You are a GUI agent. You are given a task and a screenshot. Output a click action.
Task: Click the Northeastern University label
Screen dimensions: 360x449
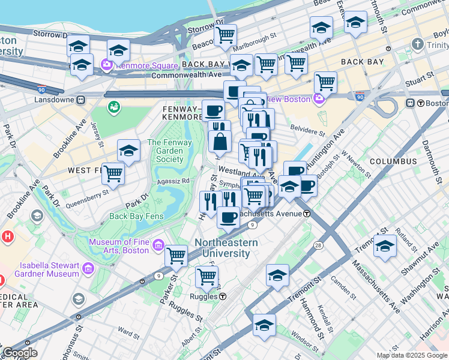[x=226, y=248]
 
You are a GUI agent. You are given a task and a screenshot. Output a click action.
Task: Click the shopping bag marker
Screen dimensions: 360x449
[x=220, y=142]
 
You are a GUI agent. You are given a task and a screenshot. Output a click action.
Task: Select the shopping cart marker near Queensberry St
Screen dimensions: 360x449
[x=113, y=174]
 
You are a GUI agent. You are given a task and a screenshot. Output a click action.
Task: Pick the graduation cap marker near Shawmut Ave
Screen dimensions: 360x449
[x=385, y=246]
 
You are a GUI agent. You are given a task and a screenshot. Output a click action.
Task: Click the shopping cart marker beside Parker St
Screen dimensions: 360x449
[x=176, y=256]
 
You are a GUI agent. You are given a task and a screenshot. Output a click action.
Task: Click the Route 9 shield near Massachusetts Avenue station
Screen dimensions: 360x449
[x=253, y=224]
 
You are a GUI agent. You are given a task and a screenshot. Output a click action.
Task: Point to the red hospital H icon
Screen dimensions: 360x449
[x=7, y=236]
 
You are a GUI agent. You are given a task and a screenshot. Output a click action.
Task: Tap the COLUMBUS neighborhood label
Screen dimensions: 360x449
[x=393, y=161]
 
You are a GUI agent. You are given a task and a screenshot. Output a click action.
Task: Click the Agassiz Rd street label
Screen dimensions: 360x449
[x=173, y=180]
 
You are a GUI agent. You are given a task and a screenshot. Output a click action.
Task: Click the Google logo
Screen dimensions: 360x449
[x=20, y=353]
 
